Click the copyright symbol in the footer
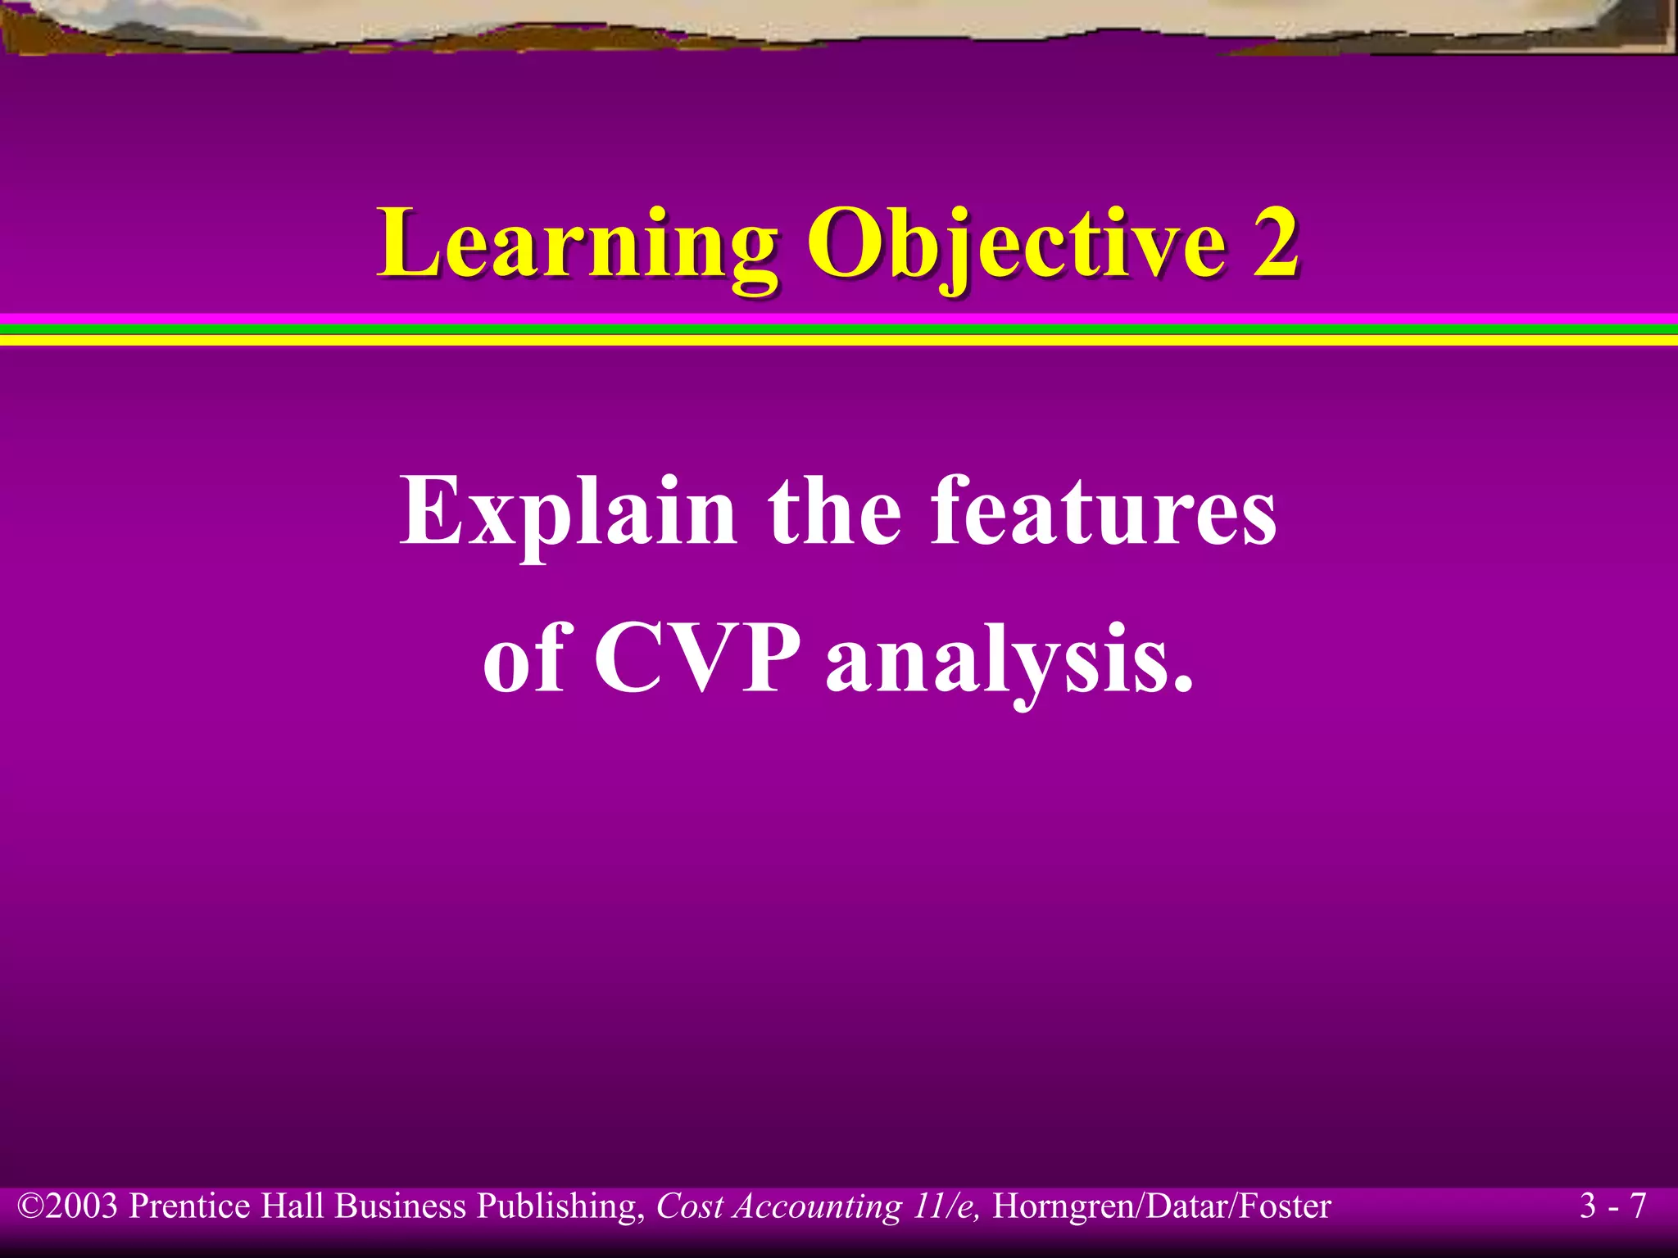[30, 1206]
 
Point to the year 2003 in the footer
[81, 1206]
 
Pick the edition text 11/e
[946, 1206]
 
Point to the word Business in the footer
[401, 1206]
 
